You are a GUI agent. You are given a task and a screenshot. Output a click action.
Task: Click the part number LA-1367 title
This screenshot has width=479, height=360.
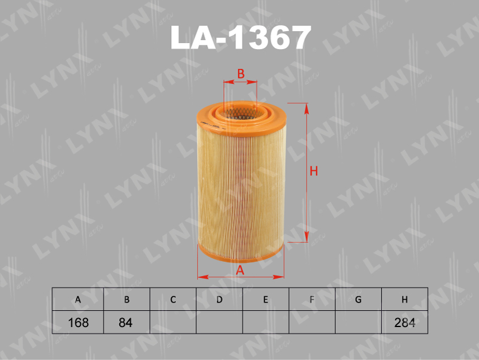[x=240, y=38]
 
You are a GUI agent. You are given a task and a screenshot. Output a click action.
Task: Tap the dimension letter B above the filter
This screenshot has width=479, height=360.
[x=240, y=74]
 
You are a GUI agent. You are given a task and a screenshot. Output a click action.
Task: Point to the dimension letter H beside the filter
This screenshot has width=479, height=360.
[x=313, y=171]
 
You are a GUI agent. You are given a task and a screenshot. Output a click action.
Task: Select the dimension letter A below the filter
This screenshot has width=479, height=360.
[x=240, y=270]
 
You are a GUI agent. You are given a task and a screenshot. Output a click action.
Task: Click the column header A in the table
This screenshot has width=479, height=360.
[x=78, y=300]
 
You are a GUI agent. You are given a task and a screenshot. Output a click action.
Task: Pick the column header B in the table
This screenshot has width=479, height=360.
[x=125, y=300]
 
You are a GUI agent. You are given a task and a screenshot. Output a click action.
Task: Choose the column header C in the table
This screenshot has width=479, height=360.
[x=172, y=300]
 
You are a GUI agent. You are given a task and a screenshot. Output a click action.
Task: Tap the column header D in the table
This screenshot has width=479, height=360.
[x=219, y=300]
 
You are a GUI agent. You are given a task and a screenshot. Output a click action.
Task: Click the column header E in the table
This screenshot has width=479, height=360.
[x=265, y=300]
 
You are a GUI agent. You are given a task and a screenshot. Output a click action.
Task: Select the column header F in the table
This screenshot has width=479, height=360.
[x=312, y=300]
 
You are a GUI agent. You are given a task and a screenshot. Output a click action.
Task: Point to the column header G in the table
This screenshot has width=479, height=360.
[x=358, y=300]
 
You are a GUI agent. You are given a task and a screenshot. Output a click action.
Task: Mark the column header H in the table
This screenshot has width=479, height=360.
[x=405, y=300]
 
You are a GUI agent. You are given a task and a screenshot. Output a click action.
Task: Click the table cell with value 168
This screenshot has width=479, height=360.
[x=78, y=322]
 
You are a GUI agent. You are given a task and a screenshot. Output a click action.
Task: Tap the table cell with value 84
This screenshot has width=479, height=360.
[x=125, y=322]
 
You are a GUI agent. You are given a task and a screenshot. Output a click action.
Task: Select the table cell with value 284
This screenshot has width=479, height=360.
[x=405, y=322]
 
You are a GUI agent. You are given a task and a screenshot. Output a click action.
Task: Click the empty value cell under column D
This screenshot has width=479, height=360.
[x=219, y=322]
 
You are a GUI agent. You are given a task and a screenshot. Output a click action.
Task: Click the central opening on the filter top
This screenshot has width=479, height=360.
[x=240, y=111]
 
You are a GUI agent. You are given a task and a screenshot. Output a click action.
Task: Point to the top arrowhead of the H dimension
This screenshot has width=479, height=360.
[x=307, y=108]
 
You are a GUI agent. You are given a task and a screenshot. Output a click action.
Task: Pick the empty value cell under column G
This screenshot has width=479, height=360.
[x=358, y=322]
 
